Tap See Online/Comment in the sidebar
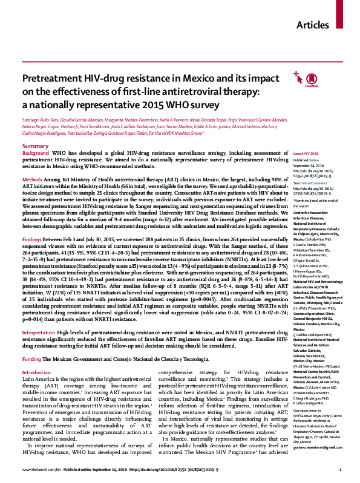click(309, 182)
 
